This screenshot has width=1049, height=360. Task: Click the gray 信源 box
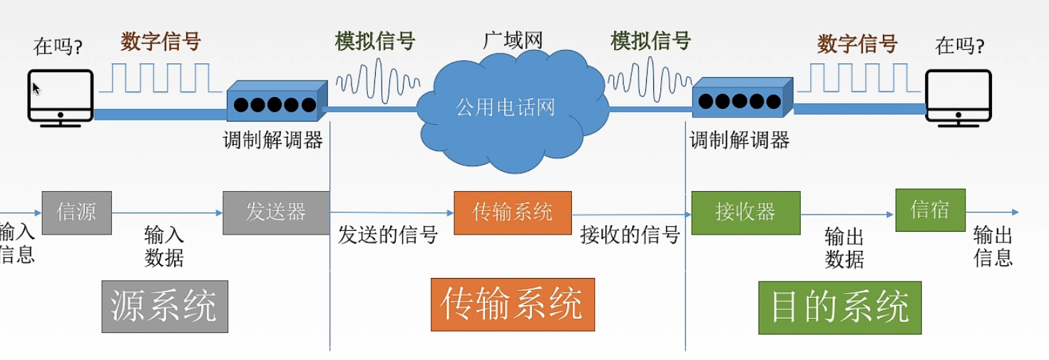coord(76,212)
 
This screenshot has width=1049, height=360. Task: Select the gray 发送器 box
coord(276,212)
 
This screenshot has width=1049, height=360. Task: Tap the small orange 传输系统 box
coord(512,212)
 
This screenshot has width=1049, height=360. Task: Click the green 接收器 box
coord(745,212)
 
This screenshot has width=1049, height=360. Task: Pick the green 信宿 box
coord(930,210)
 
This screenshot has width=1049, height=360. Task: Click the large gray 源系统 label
coord(164,307)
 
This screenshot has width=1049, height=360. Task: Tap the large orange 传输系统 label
coord(512,305)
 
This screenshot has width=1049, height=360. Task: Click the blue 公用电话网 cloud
coord(506,107)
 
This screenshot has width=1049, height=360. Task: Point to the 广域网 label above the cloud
coord(513,40)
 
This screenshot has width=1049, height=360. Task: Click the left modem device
coord(276,104)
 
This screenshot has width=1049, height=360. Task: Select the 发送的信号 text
coord(387,235)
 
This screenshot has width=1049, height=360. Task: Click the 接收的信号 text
coord(630,235)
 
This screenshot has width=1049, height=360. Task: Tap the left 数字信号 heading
coord(160,41)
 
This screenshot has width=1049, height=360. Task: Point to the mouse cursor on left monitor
coord(36,88)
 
